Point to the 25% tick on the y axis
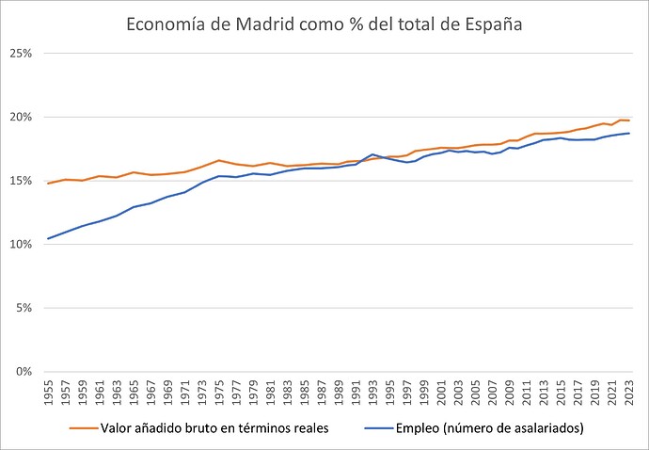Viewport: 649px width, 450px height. (22, 54)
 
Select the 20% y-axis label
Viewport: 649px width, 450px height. (22, 117)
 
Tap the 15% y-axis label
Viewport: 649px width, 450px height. (22, 181)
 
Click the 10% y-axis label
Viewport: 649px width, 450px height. (22, 244)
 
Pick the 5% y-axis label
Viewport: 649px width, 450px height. (24, 308)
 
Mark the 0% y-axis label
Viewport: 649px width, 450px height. (24, 371)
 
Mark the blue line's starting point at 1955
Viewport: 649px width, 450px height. (48, 238)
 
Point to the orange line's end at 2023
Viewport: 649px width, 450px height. (628, 121)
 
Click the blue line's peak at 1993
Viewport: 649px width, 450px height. (372, 154)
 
